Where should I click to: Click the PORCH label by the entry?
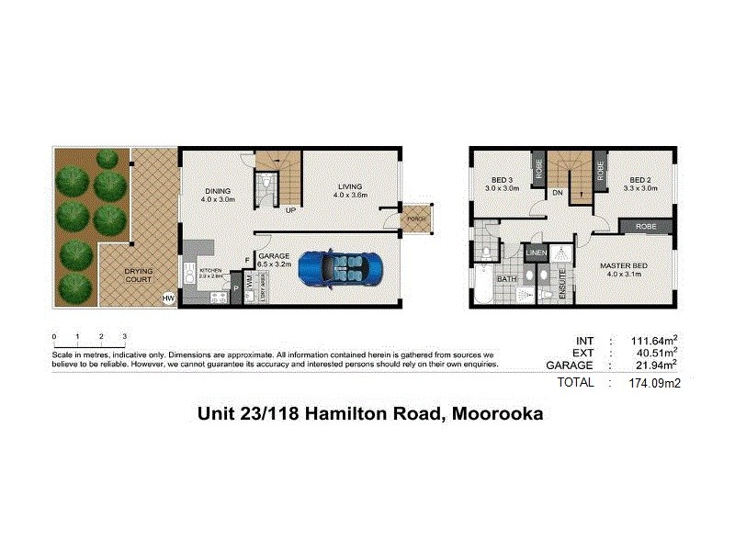pos(415,219)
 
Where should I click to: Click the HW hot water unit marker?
pos(168,298)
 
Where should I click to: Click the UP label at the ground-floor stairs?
pos(290,210)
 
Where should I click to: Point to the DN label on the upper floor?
pos(558,193)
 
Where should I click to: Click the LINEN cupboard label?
pos(537,253)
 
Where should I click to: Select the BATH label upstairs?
pos(506,279)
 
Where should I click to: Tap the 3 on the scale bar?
pos(125,337)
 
